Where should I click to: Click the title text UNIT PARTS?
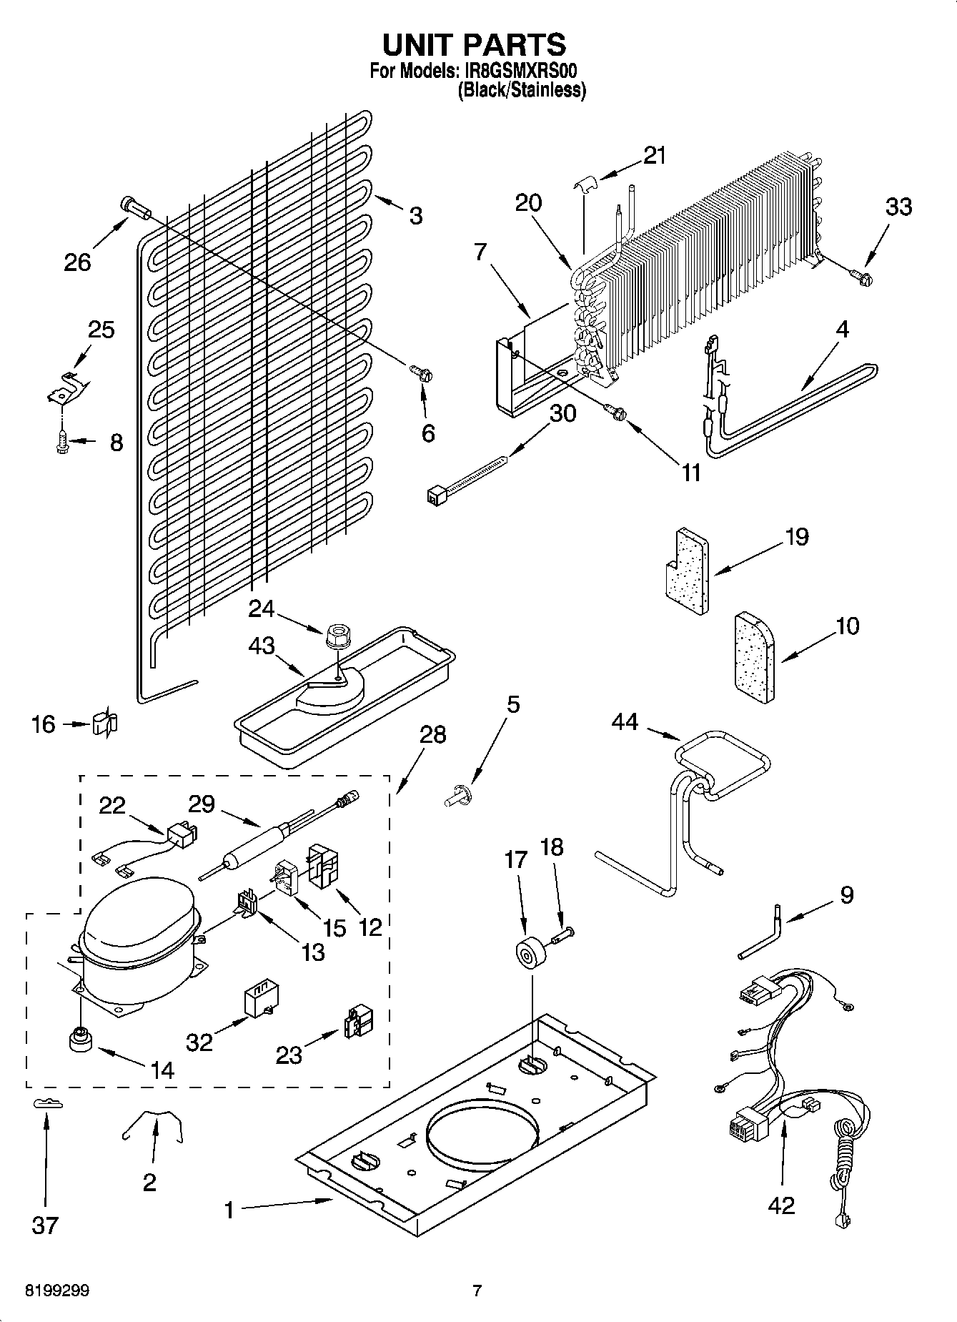pos(475,44)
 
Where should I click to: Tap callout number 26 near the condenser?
pos(77,262)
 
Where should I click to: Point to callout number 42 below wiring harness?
pos(781,1205)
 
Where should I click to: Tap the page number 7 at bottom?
pos(477,1291)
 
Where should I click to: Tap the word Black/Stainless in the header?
pos(522,91)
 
